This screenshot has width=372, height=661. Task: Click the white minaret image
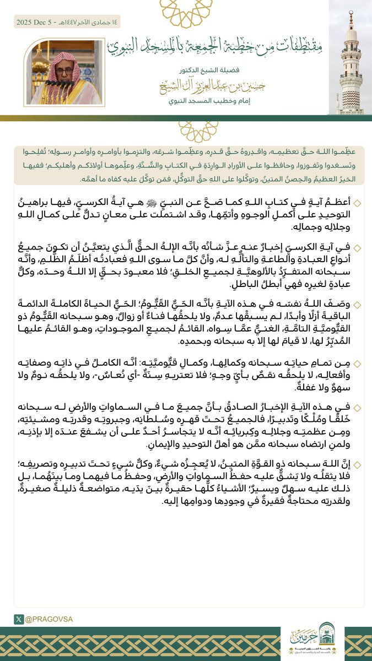pyautogui.click(x=351, y=61)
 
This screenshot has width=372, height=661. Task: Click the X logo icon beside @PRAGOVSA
pyautogui.click(x=19, y=619)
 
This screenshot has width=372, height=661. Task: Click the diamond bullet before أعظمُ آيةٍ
pyautogui.click(x=357, y=204)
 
